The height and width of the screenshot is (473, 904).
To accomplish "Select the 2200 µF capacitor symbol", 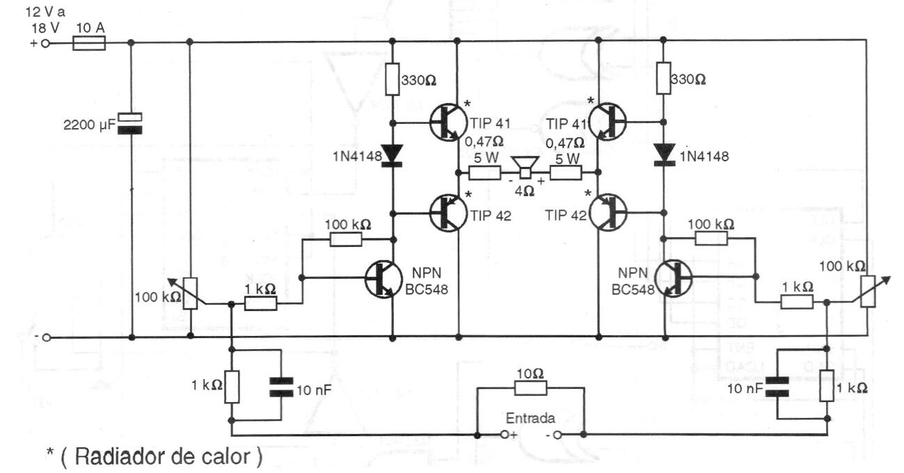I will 132,122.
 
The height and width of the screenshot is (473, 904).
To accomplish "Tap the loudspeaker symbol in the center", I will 525,168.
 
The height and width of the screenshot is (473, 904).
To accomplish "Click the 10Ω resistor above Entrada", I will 530,388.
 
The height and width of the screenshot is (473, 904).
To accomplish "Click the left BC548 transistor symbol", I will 383,278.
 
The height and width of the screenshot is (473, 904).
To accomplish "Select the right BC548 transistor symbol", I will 674,278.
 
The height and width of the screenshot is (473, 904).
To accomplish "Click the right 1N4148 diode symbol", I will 664,154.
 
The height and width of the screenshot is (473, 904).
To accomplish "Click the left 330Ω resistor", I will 392,79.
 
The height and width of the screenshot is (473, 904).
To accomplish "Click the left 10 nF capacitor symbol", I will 280,387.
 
